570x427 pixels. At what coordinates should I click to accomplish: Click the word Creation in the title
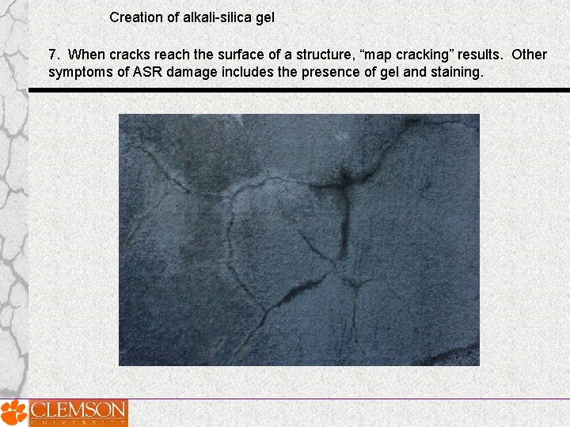pos(135,17)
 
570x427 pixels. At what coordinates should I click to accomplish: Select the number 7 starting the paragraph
pos(52,55)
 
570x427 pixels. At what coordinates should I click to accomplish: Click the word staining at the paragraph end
pos(454,73)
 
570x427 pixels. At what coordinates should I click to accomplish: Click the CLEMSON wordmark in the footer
pos(78,410)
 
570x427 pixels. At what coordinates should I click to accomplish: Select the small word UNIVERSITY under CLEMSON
pos(78,423)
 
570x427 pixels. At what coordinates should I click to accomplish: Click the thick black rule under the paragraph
pos(298,90)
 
